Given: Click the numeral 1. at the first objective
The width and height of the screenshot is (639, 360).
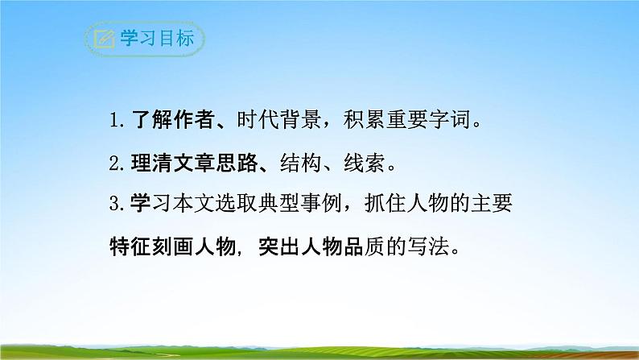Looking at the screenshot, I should tap(119, 122).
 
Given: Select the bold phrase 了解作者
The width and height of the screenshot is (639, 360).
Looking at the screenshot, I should tap(168, 122).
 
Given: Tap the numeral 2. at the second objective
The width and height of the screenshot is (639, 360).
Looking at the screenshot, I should tap(119, 164).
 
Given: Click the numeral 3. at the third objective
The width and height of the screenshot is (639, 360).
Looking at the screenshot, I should tap(119, 205).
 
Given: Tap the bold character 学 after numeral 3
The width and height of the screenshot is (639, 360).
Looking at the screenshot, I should tap(138, 205).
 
